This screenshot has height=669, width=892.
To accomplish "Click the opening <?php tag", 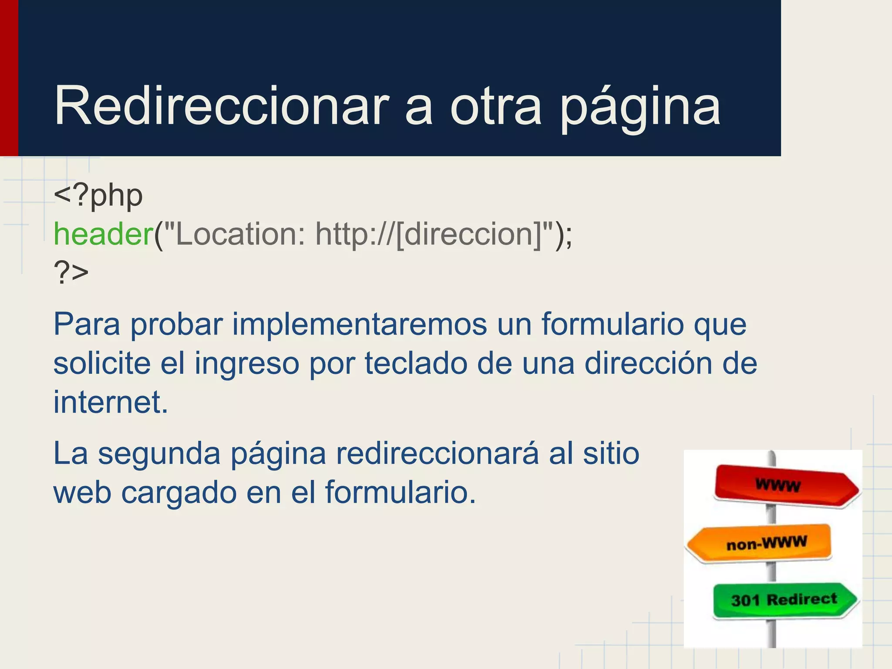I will coord(98,196).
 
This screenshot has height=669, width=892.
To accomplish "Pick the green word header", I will coord(103,234).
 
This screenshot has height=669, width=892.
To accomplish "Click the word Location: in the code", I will coord(240,234).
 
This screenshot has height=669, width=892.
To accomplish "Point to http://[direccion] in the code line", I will coord(429,234).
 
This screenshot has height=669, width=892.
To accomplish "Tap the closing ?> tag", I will coord(71,273).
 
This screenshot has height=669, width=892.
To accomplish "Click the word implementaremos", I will coord(359,324).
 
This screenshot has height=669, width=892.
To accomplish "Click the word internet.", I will coord(110,402).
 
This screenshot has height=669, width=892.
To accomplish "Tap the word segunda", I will coord(159,454).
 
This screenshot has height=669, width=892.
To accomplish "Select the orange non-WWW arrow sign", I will coord(760,543).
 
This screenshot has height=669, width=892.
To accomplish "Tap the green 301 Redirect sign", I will coord(784,600).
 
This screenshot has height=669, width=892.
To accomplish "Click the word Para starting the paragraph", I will coord(86,324).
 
